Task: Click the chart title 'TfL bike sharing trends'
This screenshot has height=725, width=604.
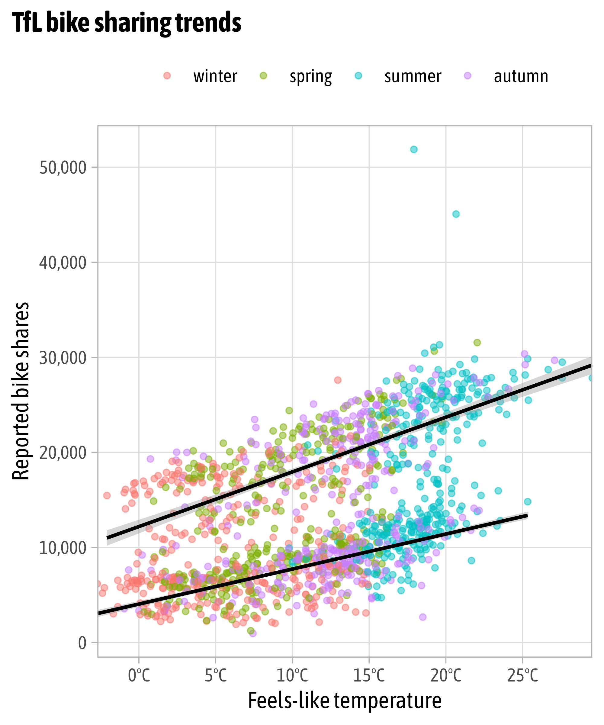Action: [127, 23]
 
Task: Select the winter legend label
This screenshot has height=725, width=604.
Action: [215, 76]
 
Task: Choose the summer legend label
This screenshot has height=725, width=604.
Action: [413, 76]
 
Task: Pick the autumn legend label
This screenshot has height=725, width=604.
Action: [521, 76]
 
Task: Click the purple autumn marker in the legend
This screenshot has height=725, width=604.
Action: [468, 76]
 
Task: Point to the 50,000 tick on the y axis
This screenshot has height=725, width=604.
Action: [63, 168]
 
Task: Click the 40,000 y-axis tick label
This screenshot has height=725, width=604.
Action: [63, 263]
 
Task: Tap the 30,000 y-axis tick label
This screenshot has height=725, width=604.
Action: [63, 358]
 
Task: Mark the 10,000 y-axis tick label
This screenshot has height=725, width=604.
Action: [63, 548]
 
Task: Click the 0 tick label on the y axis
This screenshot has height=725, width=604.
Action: [82, 643]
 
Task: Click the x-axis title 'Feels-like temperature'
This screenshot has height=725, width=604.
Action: [345, 701]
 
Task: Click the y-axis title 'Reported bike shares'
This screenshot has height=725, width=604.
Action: [21, 391]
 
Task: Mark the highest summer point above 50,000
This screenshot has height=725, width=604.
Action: [413, 150]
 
